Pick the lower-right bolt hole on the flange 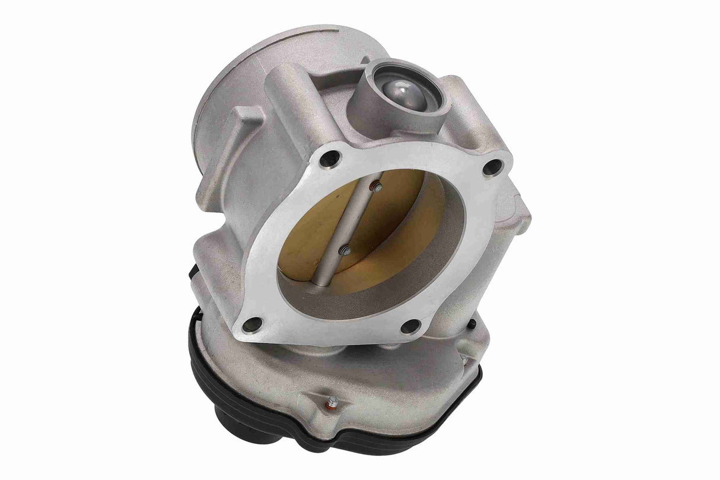(410, 326)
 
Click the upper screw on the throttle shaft (375, 187)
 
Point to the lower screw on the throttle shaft (344, 252)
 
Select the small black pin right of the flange (471, 324)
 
